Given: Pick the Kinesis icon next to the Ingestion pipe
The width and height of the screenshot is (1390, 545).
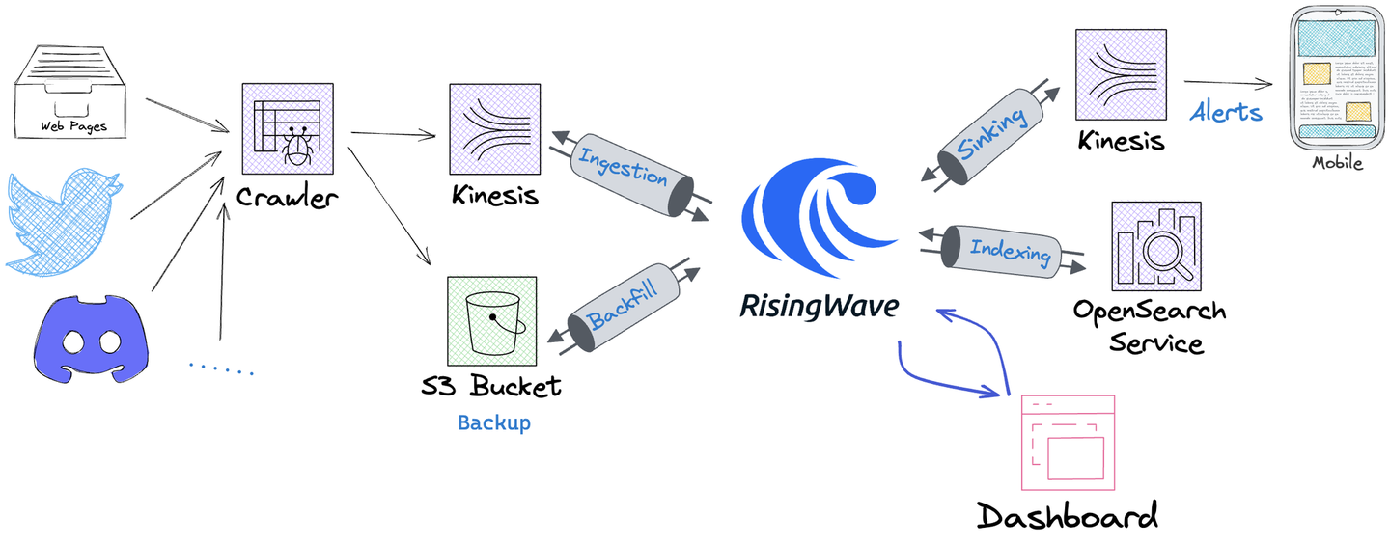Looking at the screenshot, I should (493, 127).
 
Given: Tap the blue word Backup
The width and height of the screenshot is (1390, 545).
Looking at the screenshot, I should (493, 422).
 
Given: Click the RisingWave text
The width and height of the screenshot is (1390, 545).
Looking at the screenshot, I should (819, 307).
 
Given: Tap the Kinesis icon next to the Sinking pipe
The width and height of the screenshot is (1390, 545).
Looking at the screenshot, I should (1121, 72).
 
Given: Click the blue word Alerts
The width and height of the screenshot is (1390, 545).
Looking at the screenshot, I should (1226, 112).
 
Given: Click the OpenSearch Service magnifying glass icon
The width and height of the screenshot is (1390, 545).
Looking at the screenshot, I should (1155, 246).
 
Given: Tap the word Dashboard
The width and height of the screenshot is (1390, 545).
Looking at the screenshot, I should (1067, 515).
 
